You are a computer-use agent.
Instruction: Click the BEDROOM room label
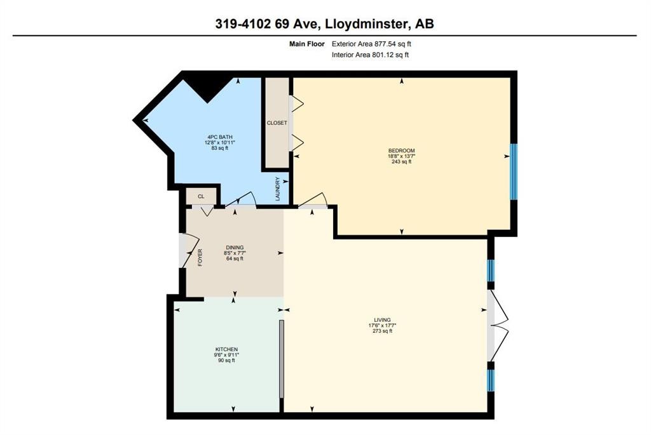pyautogui.click(x=402, y=151)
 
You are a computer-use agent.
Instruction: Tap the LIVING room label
pyautogui.click(x=382, y=319)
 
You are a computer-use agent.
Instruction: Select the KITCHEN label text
pyautogui.click(x=226, y=349)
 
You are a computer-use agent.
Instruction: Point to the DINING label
pyautogui.click(x=235, y=248)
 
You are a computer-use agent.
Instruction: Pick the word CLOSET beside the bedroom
pyautogui.click(x=277, y=123)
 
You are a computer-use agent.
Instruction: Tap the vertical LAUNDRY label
pyautogui.click(x=278, y=189)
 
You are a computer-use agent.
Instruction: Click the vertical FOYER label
pyautogui.click(x=200, y=257)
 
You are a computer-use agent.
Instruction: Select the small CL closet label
pyautogui.click(x=201, y=197)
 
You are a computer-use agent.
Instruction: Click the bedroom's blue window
pyautogui.click(x=514, y=171)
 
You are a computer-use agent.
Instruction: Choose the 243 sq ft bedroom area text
pyautogui.click(x=402, y=162)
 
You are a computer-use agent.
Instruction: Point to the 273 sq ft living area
pyautogui.click(x=382, y=331)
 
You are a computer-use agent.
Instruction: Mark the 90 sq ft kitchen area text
pyautogui.click(x=226, y=361)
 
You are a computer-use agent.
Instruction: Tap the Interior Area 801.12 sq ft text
pyautogui.click(x=370, y=55)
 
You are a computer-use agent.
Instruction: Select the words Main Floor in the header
pyautogui.click(x=307, y=44)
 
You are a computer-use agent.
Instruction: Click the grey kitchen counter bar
pyautogui.click(x=281, y=359)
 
